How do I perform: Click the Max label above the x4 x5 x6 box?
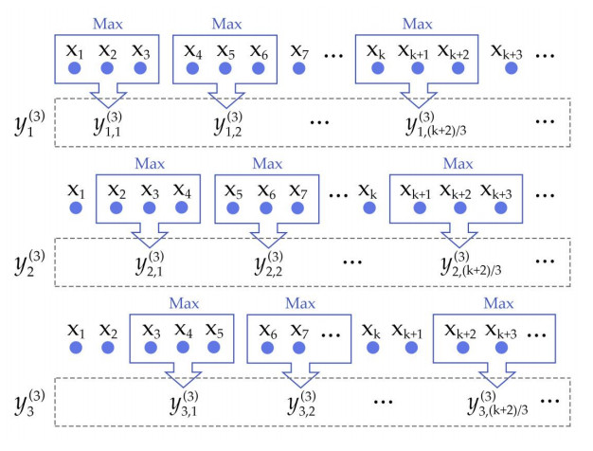coord(227,21)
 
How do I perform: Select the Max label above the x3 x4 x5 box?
coord(186,304)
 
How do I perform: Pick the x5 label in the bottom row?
coord(216,333)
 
